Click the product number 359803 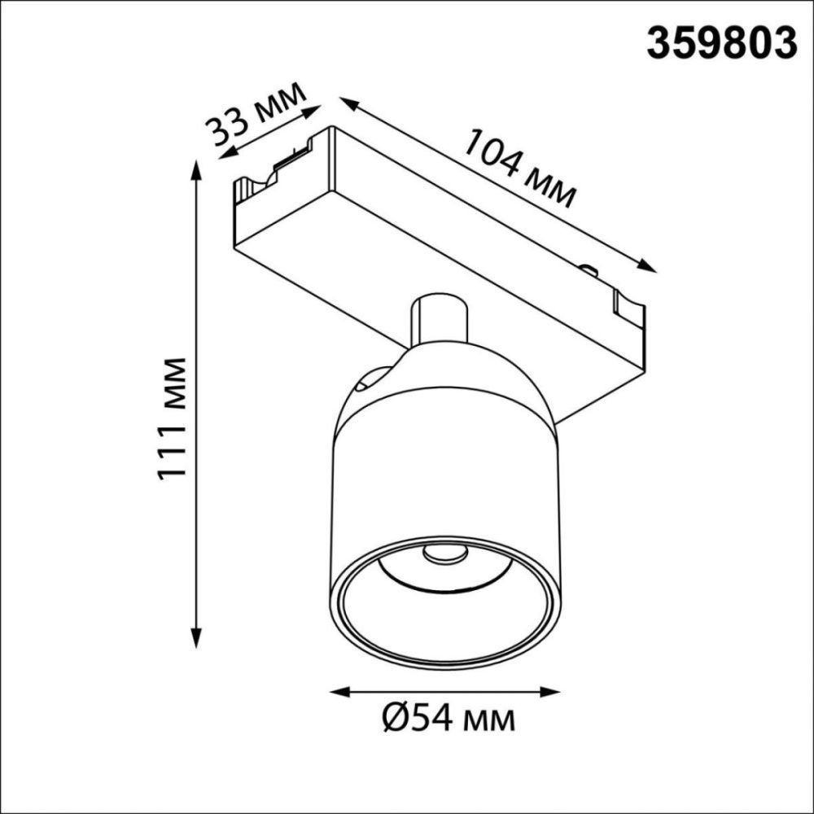[721, 42]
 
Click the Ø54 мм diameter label [447, 720]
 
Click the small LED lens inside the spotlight [444, 554]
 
